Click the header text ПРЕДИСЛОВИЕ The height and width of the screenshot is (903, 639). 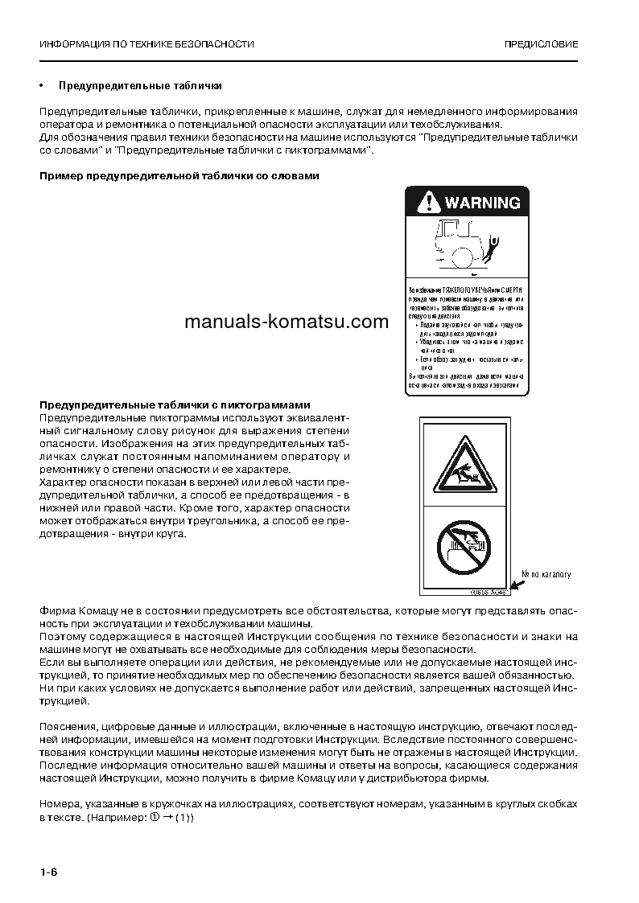click(541, 44)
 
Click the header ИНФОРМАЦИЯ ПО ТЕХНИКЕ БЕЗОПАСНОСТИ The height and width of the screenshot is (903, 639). click(146, 44)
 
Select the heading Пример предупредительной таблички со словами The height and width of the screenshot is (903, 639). click(179, 176)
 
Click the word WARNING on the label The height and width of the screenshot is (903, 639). click(482, 203)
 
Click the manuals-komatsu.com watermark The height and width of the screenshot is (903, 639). click(275, 322)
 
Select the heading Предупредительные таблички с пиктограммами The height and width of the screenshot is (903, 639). click(175, 404)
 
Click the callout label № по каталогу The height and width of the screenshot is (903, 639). click(546, 574)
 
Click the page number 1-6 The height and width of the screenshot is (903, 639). click(49, 872)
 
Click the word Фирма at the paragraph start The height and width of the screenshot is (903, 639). click(56, 610)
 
